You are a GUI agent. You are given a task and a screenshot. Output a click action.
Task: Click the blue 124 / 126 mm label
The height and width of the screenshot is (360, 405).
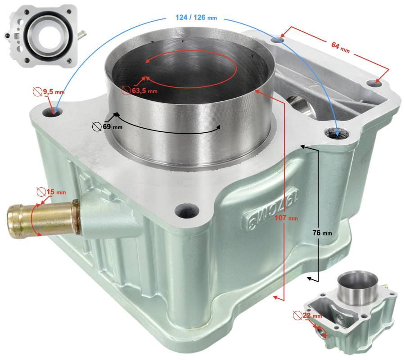click(x=196, y=18)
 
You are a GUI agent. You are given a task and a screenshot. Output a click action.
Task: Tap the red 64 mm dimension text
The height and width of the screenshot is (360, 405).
click(x=341, y=47)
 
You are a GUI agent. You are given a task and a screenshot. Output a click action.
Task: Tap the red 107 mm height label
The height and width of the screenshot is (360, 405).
click(x=286, y=218)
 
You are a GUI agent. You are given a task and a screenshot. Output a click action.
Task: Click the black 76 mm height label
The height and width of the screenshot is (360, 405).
click(x=322, y=233)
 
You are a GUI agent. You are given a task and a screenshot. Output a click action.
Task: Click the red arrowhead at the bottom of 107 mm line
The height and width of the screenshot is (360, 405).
click(x=276, y=298)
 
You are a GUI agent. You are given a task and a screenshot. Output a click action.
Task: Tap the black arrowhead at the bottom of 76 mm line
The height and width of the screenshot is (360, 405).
click(x=310, y=279)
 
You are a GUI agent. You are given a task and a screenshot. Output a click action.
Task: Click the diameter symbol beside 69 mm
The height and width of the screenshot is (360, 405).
click(x=97, y=126)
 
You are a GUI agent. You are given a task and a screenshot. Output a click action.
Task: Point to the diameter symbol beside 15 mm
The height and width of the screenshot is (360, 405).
click(x=41, y=192)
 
